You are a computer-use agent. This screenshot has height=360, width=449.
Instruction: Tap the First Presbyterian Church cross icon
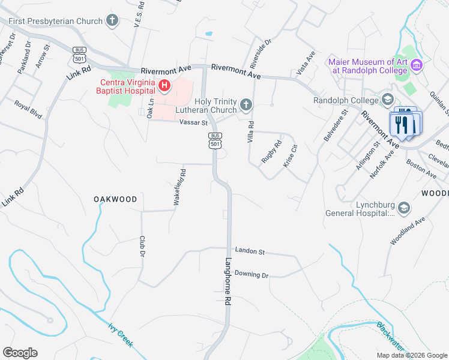[x=111, y=22]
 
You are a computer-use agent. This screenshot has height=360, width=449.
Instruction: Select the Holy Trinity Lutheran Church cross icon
[x=246, y=106]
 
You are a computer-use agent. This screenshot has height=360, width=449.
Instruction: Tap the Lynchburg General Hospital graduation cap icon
[x=403, y=208]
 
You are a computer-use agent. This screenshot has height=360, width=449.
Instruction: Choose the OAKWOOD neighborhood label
[x=115, y=199]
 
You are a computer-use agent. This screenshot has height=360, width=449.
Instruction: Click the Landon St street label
[x=250, y=252]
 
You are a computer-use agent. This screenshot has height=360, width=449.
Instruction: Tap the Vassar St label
[x=193, y=122]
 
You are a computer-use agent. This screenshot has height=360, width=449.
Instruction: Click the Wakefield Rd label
[x=179, y=187]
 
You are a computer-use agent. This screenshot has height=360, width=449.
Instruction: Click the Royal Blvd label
[x=29, y=112]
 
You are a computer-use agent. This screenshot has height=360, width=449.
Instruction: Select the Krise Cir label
[x=290, y=155]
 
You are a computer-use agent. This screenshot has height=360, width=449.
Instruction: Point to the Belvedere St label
[x=336, y=125]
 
